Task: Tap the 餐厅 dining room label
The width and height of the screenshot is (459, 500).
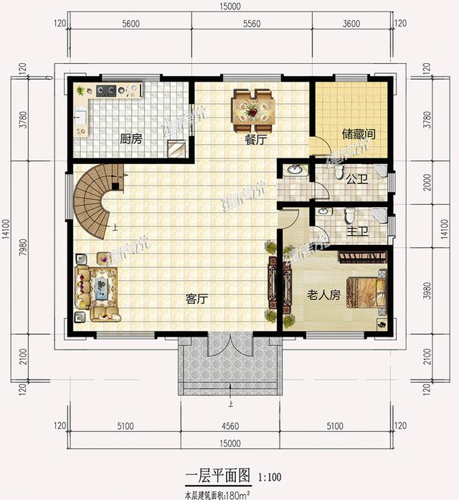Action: click(255, 140)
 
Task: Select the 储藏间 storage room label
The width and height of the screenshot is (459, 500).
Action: click(359, 135)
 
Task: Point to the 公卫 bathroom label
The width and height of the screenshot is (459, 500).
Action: click(356, 179)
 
